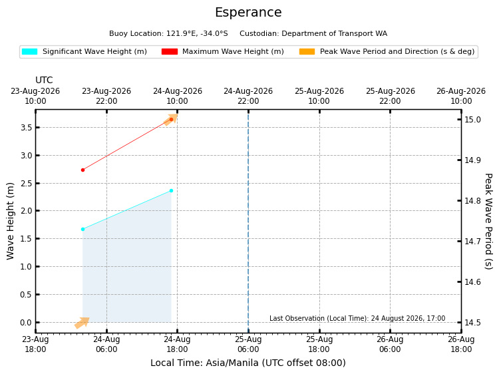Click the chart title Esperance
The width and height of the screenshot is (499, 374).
248,13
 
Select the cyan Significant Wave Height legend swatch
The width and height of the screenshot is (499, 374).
29,51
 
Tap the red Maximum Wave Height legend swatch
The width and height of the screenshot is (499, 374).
169,51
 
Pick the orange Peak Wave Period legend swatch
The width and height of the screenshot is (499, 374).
307,51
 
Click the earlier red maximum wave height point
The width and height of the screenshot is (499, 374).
83,170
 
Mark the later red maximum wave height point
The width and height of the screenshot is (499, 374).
171,119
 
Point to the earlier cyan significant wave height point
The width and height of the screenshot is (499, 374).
83,229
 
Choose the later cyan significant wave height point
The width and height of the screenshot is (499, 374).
171,191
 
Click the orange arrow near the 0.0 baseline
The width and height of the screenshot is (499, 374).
82,323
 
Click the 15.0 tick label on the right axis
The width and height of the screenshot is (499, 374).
472,120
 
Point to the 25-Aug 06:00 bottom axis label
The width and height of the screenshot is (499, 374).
248,344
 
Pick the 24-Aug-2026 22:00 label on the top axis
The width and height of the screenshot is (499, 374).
248,96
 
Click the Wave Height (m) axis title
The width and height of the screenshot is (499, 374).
10,221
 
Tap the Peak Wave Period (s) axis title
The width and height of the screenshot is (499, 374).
488,221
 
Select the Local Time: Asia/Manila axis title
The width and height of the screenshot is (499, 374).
248,363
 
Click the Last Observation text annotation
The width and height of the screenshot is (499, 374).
357,318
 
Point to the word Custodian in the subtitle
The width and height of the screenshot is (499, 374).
259,33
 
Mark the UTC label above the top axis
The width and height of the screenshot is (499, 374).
44,80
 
